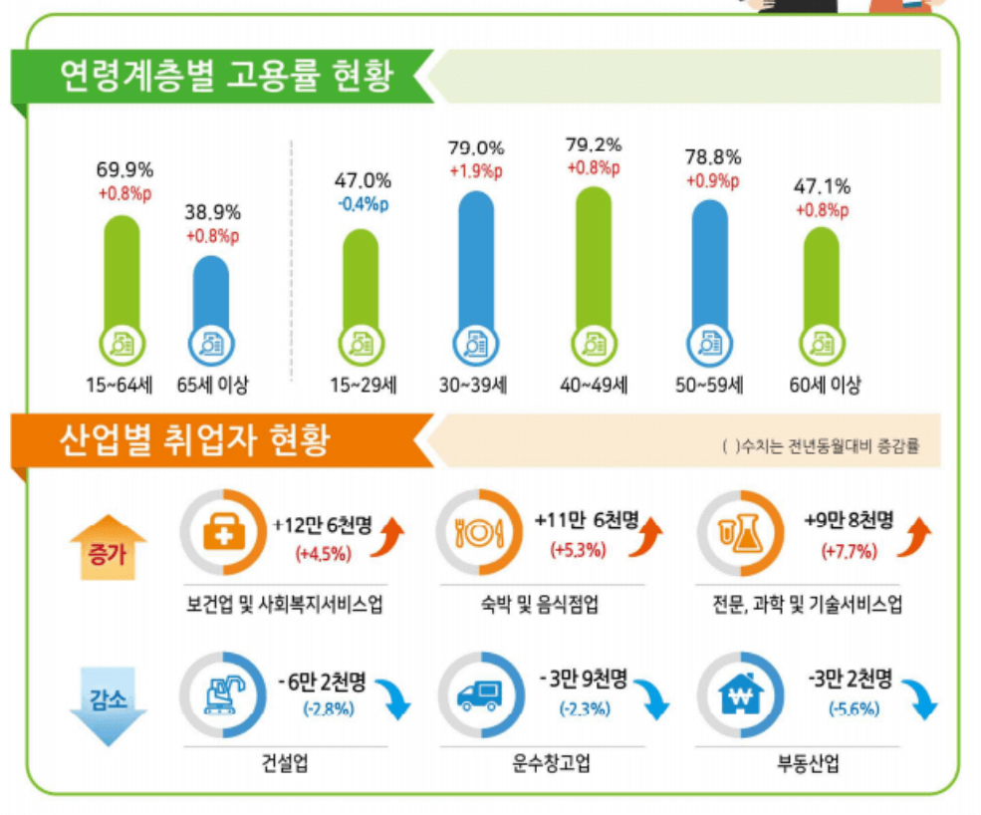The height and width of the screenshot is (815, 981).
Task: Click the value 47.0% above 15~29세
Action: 362,181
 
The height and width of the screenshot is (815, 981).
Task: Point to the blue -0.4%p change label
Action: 362,205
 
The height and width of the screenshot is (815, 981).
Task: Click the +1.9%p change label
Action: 476,170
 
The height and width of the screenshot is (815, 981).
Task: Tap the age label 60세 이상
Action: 825,386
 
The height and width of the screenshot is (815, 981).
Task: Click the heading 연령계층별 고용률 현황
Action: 225,75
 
